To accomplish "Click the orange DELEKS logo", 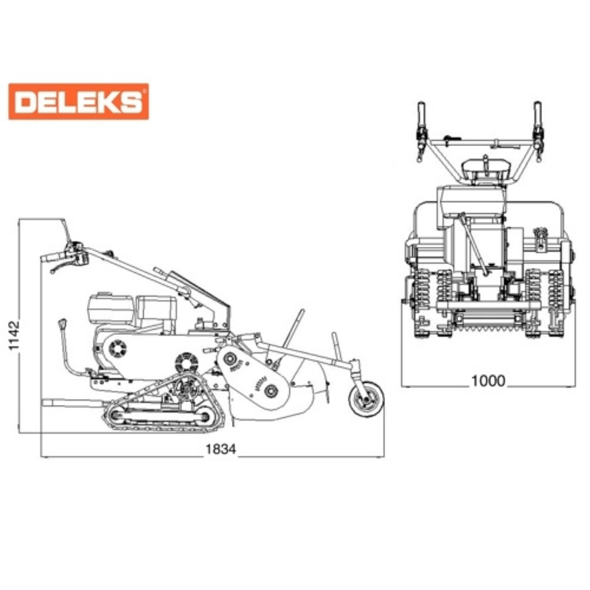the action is pos(79,102).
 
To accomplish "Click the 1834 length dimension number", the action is pos(221,449).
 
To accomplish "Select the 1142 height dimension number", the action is pos(14,336).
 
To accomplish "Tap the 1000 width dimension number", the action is pos(488,381).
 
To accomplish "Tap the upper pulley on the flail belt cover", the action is pos(229,359).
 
